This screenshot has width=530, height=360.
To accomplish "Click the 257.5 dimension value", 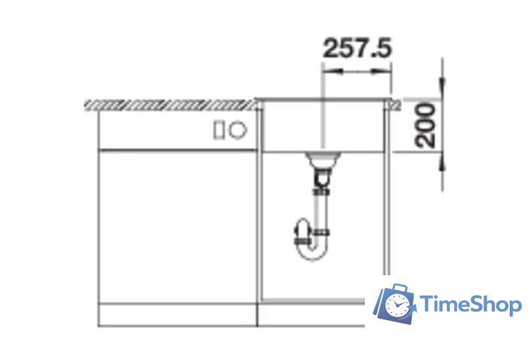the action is pos(357,48).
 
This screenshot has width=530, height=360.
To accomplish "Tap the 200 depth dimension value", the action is pos(425,126).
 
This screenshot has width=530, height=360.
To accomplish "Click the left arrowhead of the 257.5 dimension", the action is pos(333,71).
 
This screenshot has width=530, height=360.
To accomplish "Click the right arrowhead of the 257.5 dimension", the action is pos(381,71).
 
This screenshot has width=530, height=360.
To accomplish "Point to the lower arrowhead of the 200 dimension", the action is pos(442,163).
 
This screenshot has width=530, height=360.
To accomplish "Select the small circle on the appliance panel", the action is pos(238,130).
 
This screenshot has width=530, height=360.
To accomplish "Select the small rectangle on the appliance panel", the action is pos(218,130).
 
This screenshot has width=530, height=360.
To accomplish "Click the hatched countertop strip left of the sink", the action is pos(170,105).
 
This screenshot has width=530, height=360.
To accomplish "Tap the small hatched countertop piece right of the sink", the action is pos(396,105).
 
